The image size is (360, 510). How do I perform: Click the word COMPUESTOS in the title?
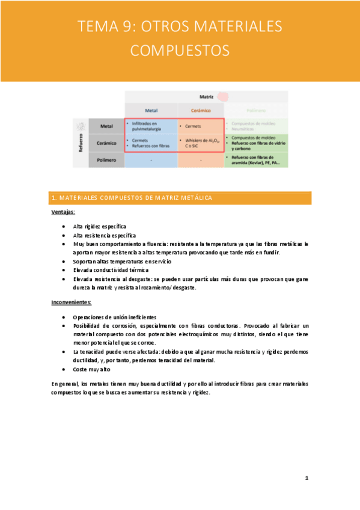coord(180,49)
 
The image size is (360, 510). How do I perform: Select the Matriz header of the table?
coord(206,96)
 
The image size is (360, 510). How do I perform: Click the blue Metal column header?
coord(151,110)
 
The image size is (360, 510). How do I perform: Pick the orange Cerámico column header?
coord(201,110)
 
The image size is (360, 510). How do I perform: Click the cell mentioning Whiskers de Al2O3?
coord(201,143)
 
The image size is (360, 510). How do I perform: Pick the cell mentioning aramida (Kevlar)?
coord(255,160)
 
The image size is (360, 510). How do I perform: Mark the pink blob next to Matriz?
coord(223,96)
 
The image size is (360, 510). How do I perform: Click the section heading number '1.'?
coord(54,198)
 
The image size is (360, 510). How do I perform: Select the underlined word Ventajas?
coord(63,212)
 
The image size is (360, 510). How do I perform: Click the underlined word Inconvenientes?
coord(71,302)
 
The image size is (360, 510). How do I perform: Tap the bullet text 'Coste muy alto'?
coord(91,369)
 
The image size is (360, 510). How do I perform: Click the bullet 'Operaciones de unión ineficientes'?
coord(115,316)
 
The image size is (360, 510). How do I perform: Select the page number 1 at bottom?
coord(307,478)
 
